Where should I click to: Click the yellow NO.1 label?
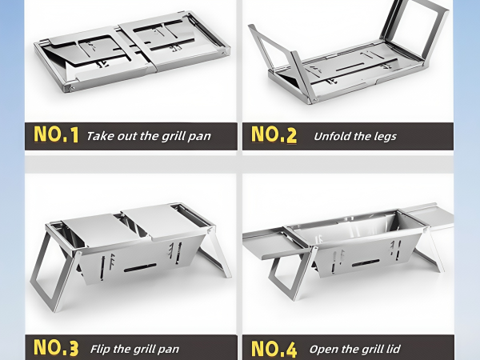56,134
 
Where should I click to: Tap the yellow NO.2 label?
274,134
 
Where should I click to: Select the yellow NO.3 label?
56,347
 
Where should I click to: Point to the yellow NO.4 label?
274,348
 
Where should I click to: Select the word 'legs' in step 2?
386,137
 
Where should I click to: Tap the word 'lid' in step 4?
394,349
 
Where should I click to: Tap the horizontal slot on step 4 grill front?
366,262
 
